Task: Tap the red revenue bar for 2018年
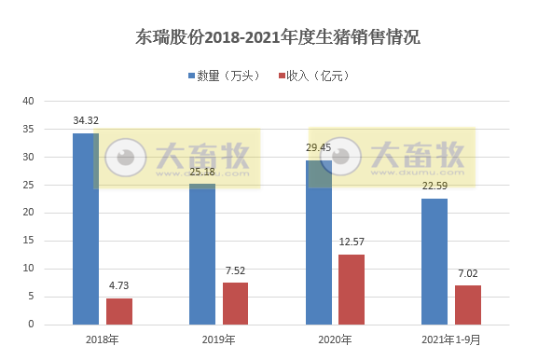pos(119,311)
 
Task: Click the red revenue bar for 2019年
pos(236,303)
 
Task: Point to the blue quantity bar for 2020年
pos(319,242)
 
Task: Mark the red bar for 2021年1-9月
pos(468,304)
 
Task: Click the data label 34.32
pos(87,121)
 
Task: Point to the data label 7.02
pos(468,274)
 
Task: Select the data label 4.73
pos(119,287)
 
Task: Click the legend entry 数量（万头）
pos(227,76)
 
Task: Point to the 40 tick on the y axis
pos(28,101)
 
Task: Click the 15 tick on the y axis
pos(28,241)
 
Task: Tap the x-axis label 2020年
pos(335,339)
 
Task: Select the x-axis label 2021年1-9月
pos(451,339)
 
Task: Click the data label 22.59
pos(435,187)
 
